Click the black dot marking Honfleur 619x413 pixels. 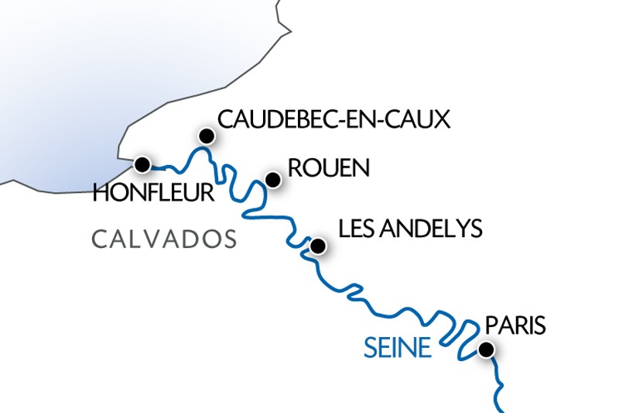[142, 164]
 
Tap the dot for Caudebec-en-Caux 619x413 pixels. [206, 136]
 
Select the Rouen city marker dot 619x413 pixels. [272, 180]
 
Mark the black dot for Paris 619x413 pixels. [486, 350]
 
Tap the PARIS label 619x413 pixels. [515, 325]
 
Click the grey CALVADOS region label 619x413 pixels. [164, 239]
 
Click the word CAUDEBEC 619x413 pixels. [272, 119]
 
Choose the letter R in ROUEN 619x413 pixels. [293, 169]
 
